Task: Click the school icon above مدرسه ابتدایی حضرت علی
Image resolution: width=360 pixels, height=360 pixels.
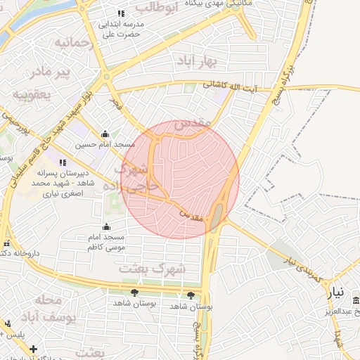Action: (121, 13)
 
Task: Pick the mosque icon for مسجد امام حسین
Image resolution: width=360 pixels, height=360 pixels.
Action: (105, 134)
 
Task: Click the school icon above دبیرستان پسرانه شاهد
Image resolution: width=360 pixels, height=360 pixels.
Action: (63, 162)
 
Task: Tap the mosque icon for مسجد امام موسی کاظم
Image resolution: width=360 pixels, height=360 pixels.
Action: (106, 226)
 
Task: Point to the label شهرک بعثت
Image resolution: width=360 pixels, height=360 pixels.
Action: (162, 268)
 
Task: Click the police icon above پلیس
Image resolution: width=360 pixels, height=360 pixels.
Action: (7, 324)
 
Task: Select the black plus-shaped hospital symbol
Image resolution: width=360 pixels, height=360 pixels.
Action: (33, 348)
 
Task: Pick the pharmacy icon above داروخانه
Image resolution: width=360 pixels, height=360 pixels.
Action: (7, 243)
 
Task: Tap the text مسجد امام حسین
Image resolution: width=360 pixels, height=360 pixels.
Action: (105, 145)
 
